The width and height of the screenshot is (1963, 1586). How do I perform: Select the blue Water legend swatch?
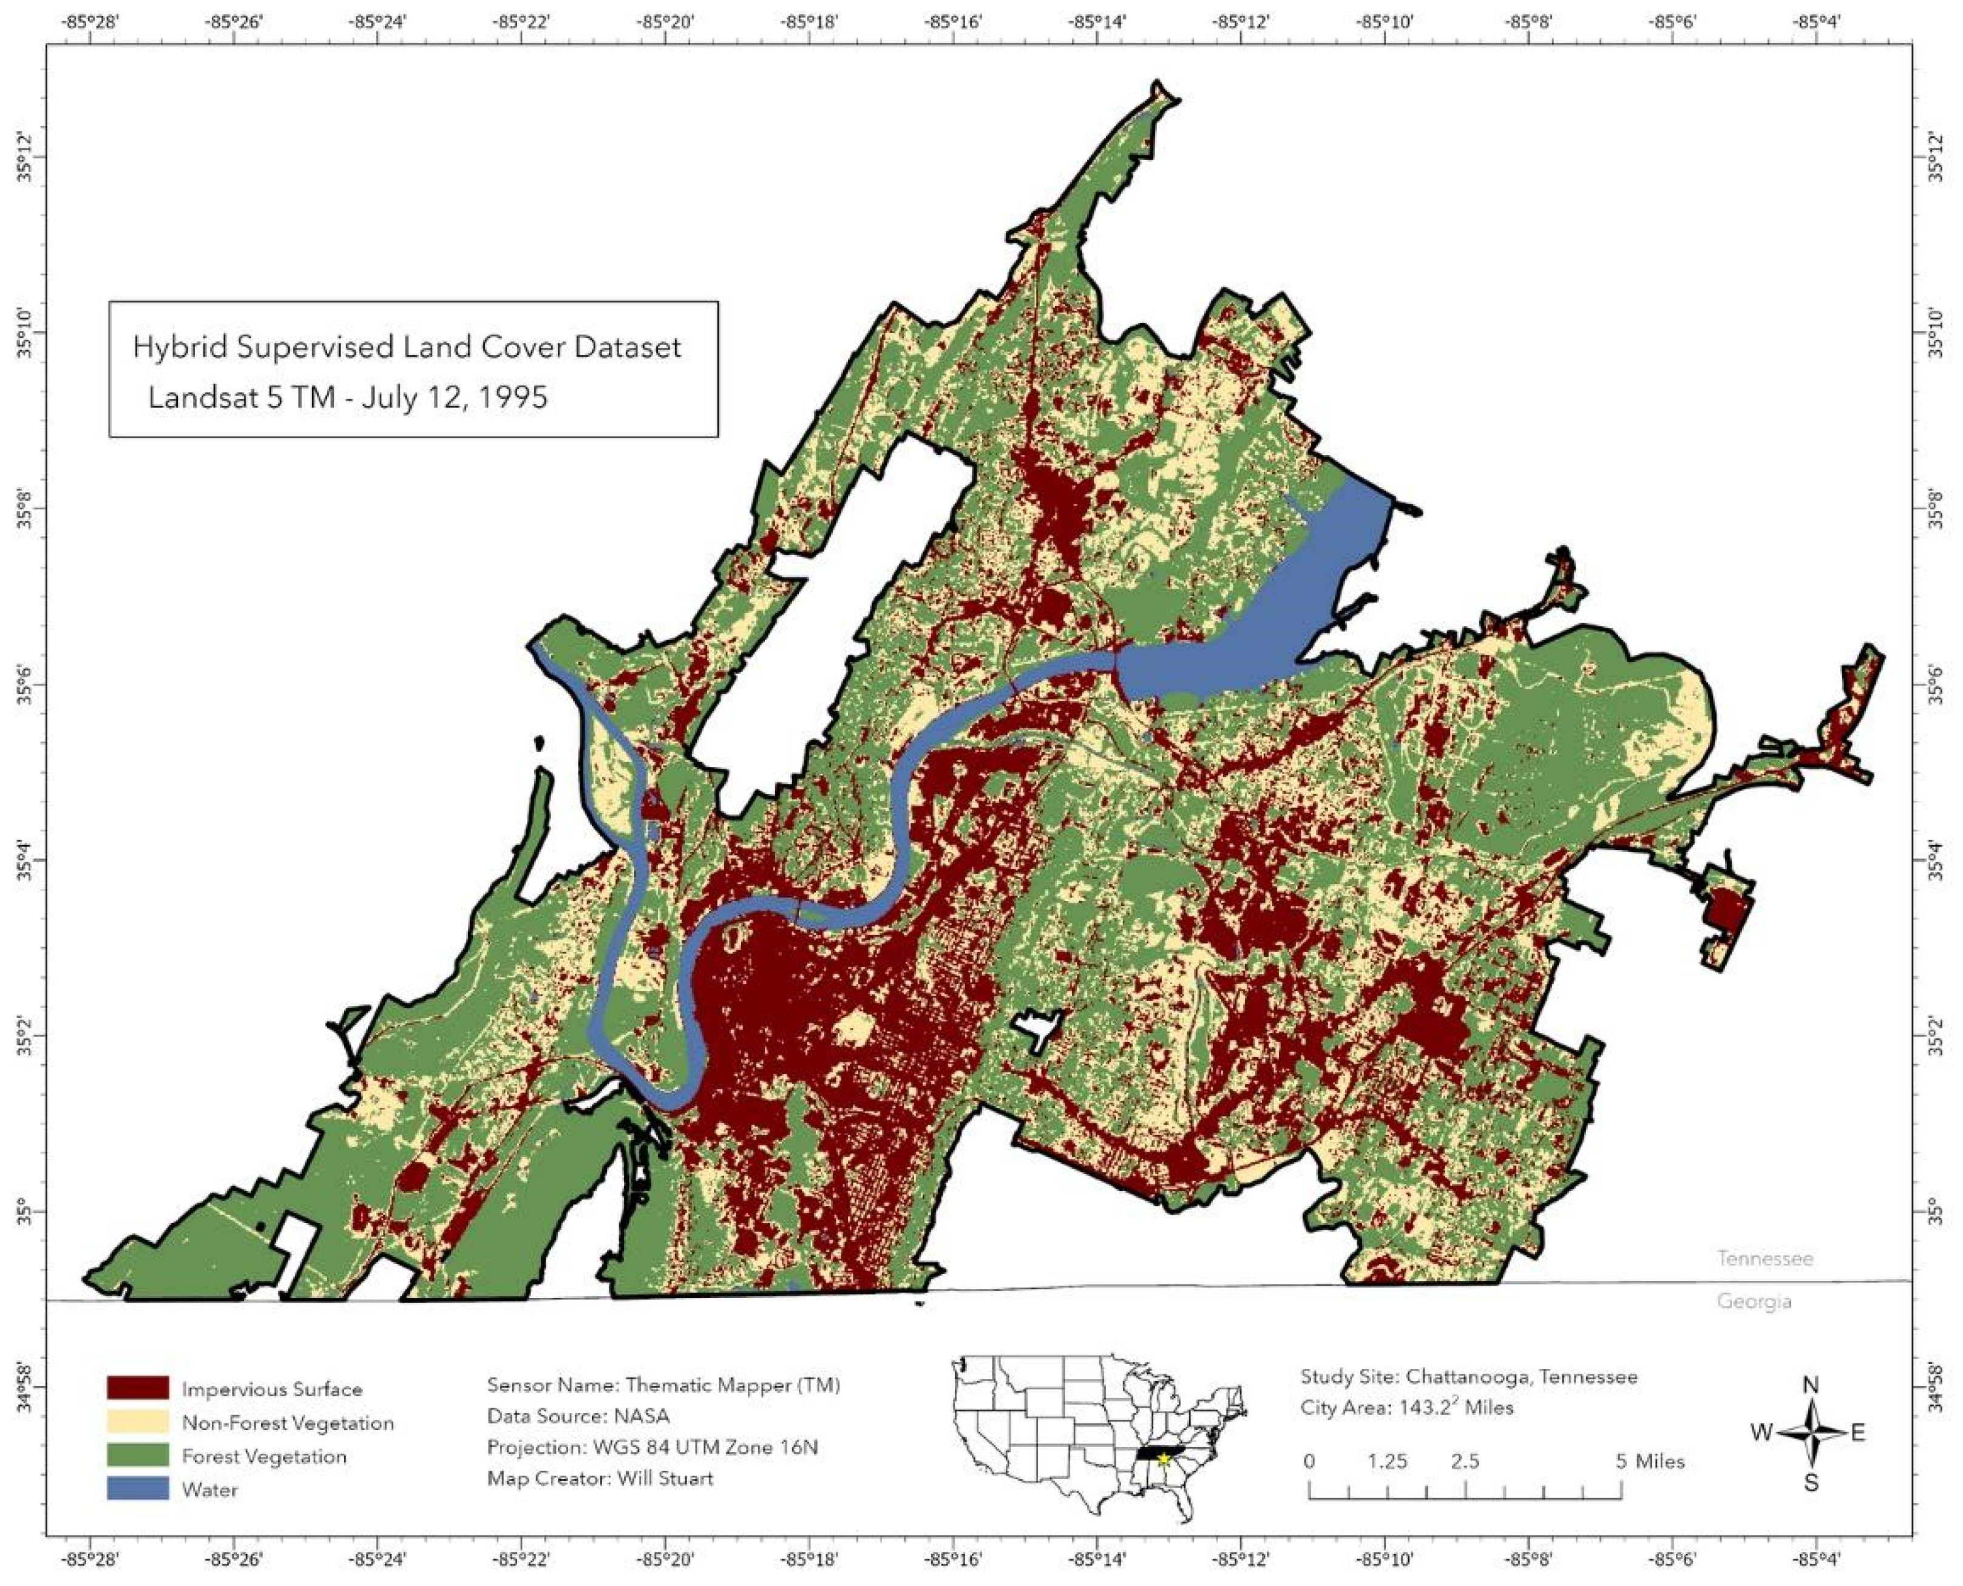pos(137,1489)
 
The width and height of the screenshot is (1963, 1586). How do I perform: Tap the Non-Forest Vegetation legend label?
pos(288,1422)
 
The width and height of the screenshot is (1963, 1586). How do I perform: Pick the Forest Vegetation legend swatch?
pos(137,1456)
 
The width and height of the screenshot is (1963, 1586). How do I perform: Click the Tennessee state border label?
pos(1765,1259)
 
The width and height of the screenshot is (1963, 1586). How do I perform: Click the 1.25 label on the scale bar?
pos(1387,1461)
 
